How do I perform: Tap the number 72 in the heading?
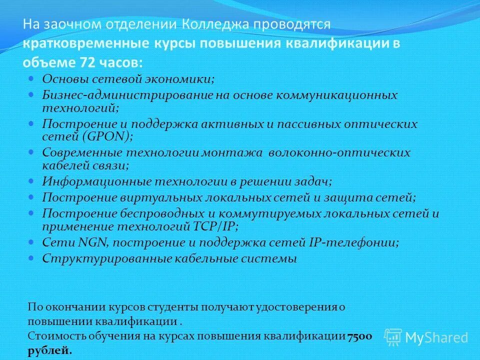pyautogui.click(x=82, y=62)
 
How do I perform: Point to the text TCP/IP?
pyautogui.click(x=213, y=226)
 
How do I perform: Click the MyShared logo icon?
pyautogui.click(x=393, y=336)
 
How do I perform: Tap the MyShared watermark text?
pyautogui.click(x=436, y=337)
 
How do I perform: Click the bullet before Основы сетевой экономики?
pyautogui.click(x=31, y=78)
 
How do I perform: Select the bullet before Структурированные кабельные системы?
pyautogui.click(x=31, y=258)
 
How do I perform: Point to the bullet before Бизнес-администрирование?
pyautogui.click(x=31, y=94)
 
